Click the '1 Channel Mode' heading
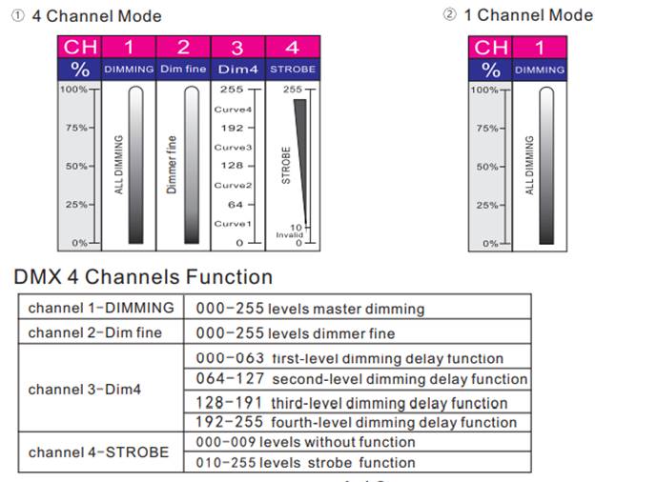pos(527,15)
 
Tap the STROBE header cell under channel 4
pos(292,70)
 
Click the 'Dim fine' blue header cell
pos(182,70)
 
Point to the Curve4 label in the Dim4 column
pos(232,110)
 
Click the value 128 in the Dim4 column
pos(232,166)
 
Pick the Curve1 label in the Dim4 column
pos(232,224)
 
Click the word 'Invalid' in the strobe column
pos(288,234)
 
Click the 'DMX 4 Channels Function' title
pos(143,277)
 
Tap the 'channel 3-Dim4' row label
pos(86,390)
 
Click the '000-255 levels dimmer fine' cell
pos(296,333)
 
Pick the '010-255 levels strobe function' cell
pos(305,463)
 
